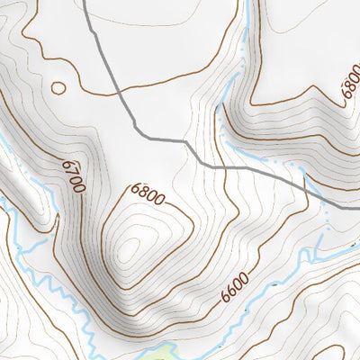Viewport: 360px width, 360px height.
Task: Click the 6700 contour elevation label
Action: pos(74,176)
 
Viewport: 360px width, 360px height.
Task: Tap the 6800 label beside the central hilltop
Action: pos(148,193)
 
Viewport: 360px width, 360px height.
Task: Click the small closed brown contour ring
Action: pos(58,87)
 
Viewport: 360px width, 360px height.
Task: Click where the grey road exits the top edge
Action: pos(85,3)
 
